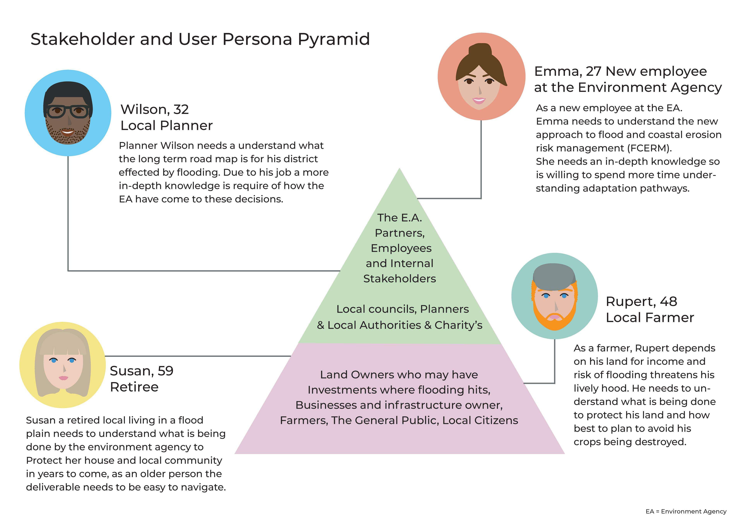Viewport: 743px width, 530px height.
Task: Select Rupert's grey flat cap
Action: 554,276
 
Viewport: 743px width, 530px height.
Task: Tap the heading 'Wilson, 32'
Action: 154,109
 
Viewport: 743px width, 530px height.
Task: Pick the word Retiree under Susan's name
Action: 134,387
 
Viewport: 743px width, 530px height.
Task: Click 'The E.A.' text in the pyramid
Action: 399,218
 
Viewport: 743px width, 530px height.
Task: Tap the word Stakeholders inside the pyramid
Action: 399,279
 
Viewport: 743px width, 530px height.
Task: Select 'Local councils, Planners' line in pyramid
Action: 402,309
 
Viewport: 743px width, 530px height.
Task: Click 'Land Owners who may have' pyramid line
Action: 399,375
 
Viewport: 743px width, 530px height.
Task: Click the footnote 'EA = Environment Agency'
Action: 686,511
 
